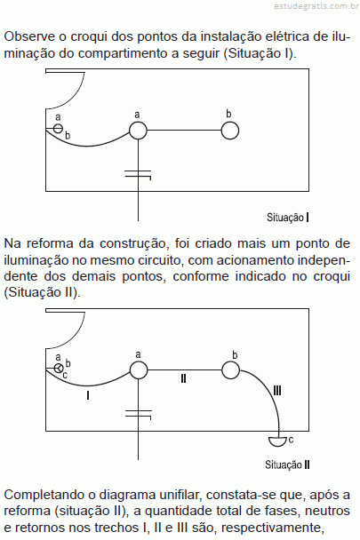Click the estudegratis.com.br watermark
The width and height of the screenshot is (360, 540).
[x=316, y=6]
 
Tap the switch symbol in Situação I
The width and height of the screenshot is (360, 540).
[x=59, y=129]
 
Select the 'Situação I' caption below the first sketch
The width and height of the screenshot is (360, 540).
[x=288, y=218]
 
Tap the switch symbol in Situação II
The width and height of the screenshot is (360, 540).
[x=59, y=369]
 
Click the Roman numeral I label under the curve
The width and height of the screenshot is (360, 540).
[x=88, y=395]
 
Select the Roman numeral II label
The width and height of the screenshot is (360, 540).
[x=183, y=379]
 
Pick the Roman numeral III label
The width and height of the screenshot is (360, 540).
[x=277, y=391]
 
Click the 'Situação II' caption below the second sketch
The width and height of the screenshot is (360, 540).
[x=287, y=465]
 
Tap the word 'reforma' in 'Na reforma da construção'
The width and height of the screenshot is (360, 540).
[x=50, y=243]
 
